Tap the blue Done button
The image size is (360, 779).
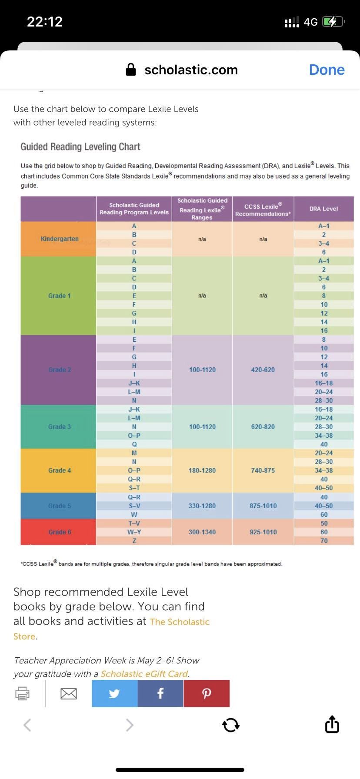327,70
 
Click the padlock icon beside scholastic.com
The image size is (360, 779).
131,70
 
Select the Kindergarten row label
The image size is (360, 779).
60,239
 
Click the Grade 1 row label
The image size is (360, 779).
60,296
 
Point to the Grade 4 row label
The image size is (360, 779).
60,470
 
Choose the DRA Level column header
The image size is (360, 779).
323,209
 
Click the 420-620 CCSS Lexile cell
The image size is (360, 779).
263,370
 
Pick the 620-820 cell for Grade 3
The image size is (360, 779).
263,426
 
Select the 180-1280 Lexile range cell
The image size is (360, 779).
202,470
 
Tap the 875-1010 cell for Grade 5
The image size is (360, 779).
263,506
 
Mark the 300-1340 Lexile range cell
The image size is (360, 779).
202,532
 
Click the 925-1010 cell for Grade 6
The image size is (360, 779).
263,532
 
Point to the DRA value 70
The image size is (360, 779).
324,541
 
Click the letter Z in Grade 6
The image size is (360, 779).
134,541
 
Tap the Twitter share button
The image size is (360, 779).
115,693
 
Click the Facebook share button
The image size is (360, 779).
160,693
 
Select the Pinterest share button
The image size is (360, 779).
207,693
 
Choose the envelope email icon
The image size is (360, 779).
69,693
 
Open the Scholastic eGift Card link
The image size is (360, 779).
144,674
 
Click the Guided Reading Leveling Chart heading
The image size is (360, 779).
80,146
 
